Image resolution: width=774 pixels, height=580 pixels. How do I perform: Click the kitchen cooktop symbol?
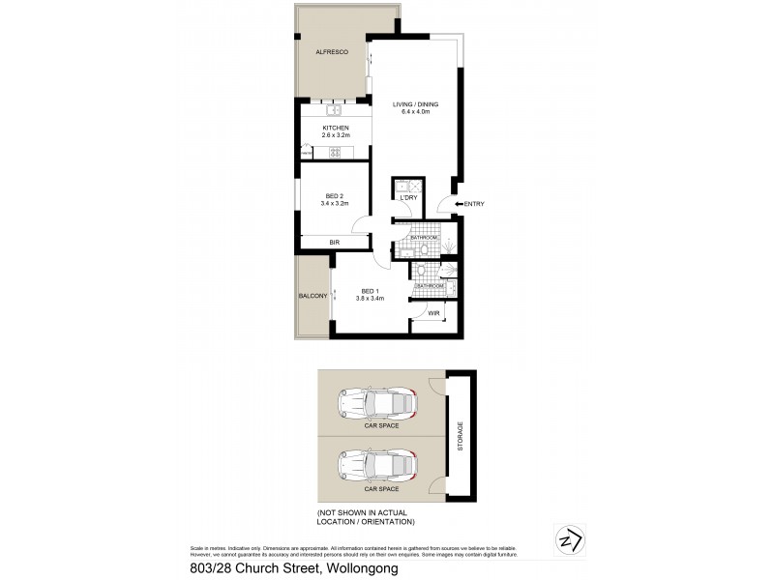pos(334,152)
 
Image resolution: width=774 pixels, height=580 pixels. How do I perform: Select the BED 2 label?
pos(335,195)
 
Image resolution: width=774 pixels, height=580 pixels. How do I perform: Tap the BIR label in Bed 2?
pos(334,243)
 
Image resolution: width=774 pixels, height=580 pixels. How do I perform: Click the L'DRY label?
pos(408,198)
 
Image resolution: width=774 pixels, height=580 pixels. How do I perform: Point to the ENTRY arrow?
pos(458,203)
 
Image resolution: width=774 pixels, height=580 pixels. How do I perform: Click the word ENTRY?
pos(474,203)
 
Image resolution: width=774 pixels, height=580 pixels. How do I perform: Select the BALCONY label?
pos(312,296)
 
